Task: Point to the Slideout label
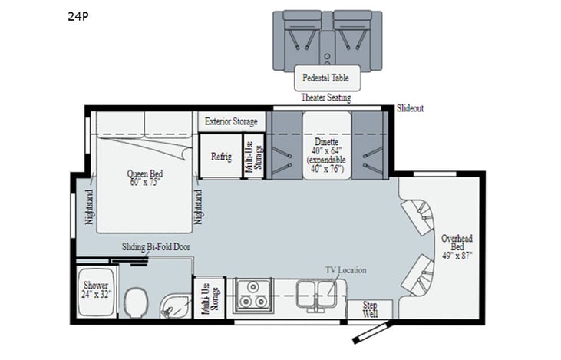(x=411, y=109)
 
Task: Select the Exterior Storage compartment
(x=230, y=121)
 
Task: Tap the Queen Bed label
(x=145, y=178)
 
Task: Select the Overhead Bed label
(x=456, y=245)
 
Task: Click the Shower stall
(x=97, y=289)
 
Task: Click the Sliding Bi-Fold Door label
(x=156, y=247)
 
